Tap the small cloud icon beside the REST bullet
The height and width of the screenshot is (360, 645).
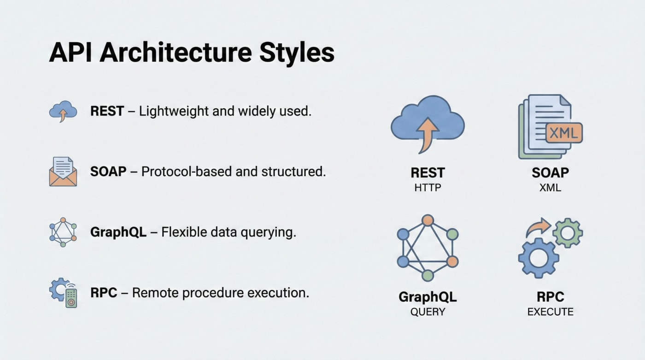[63, 112]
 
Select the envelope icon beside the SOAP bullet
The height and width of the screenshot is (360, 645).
[63, 171]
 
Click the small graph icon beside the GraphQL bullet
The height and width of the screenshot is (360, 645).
[63, 232]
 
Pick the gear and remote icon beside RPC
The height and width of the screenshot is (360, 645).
[63, 293]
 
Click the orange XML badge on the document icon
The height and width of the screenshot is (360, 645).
[564, 133]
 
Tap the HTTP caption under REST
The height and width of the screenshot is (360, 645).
[428, 188]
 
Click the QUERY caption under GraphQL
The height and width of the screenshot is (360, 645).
[428, 312]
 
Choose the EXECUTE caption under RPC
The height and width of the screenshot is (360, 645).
[551, 312]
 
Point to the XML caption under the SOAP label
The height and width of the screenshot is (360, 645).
[551, 188]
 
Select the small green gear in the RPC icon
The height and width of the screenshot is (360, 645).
[568, 233]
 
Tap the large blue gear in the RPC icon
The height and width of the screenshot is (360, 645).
[538, 258]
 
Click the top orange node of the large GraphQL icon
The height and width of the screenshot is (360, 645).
[428, 220]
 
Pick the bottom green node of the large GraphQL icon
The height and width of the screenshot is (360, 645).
[428, 276]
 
